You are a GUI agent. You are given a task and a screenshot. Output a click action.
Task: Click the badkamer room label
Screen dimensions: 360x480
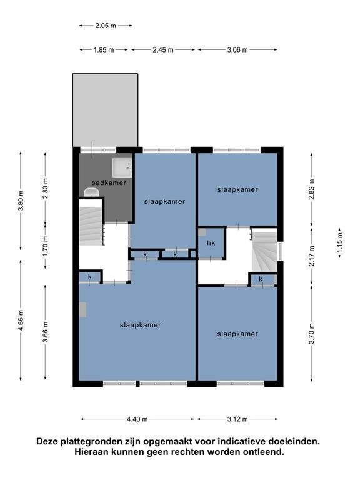(109, 182)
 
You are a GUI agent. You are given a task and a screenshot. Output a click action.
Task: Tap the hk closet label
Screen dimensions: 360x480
(211, 243)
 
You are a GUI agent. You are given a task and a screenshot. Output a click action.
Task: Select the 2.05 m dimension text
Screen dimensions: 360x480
(106, 26)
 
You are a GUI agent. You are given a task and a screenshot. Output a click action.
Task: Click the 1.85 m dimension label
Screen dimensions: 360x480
(104, 49)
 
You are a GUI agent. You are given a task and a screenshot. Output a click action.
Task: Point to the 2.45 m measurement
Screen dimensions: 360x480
(163, 49)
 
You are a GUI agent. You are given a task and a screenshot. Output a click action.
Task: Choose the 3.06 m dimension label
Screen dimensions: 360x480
(237, 49)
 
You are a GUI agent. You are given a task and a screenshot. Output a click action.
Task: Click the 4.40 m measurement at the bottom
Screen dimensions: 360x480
(137, 419)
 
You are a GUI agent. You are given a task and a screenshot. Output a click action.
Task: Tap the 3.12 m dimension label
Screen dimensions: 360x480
(237, 419)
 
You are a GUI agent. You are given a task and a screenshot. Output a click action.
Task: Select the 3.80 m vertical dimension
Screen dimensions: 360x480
(21, 201)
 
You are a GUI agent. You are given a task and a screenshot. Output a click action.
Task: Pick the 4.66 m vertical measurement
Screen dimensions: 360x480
(21, 320)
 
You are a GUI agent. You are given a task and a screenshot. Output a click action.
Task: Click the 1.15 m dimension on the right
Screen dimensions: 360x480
(340, 242)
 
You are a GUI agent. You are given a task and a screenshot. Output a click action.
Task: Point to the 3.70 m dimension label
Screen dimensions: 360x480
(312, 334)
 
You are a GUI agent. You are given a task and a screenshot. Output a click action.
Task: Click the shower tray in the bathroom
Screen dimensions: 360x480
(122, 167)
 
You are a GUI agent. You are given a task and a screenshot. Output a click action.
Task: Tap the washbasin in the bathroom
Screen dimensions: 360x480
(91, 193)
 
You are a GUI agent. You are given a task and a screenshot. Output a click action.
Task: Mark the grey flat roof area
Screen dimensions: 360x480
(105, 110)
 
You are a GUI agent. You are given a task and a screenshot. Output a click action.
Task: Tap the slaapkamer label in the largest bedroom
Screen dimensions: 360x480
(140, 325)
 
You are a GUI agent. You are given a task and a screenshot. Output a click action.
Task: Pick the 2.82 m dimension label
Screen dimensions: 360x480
(312, 189)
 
